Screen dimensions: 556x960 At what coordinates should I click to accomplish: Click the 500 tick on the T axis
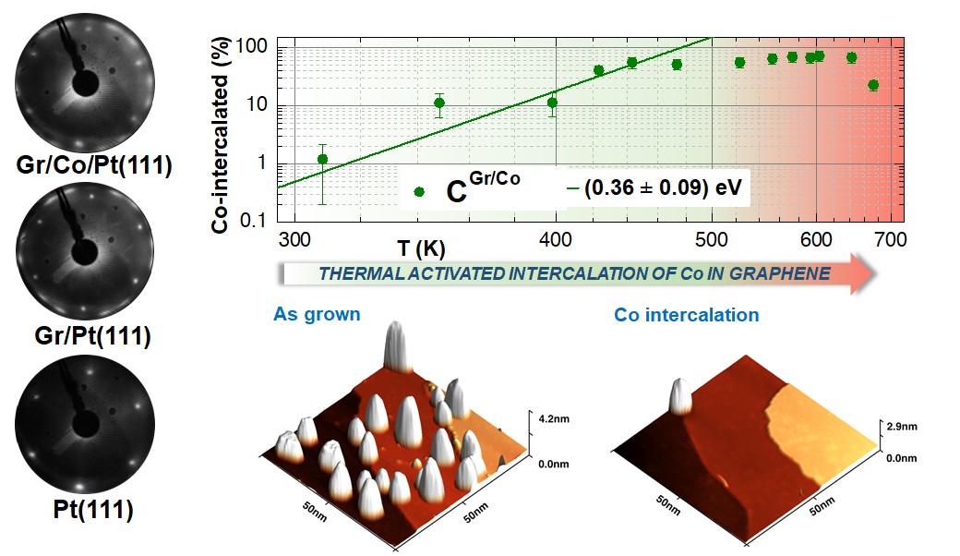tap(711, 240)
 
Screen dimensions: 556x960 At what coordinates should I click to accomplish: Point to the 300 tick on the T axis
tap(294, 240)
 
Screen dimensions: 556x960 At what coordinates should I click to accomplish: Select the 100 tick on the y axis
tap(251, 46)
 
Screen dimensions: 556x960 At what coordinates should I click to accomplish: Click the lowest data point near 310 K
tap(322, 159)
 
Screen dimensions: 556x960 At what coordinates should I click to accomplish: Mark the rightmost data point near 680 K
tap(873, 85)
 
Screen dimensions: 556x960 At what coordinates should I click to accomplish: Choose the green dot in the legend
tap(419, 191)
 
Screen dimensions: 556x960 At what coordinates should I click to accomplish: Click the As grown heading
tap(316, 315)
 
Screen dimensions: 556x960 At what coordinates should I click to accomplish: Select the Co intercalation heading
tap(687, 315)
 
